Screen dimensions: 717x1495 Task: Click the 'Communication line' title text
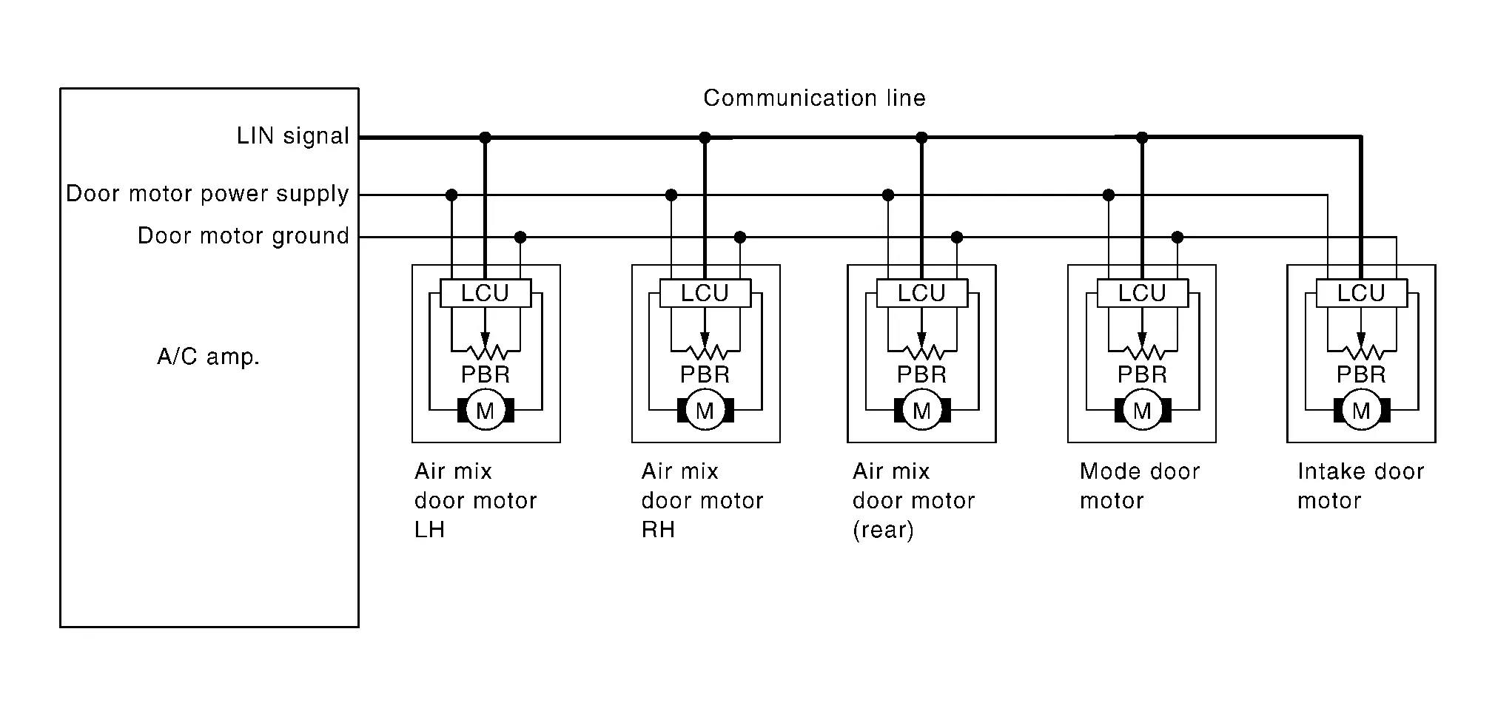point(814,98)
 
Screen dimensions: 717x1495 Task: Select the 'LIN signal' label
point(292,136)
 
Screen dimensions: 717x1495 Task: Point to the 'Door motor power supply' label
point(207,194)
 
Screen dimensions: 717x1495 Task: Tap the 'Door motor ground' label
point(243,236)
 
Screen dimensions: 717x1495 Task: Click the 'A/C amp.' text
point(209,357)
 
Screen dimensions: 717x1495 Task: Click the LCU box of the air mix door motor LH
point(486,293)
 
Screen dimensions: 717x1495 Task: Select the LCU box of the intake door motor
point(1361,293)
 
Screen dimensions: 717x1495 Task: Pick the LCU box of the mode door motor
point(1142,293)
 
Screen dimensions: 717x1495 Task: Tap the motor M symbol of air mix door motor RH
point(705,410)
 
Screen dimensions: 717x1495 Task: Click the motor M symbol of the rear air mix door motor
point(921,410)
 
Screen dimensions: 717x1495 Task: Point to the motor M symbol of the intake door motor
point(1361,410)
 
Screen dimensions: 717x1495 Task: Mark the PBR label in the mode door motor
point(1142,375)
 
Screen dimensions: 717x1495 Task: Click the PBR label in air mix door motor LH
point(486,375)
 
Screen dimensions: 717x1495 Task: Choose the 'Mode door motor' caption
point(1139,486)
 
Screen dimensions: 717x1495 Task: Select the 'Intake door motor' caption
point(1360,486)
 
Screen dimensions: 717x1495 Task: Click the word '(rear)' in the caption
point(883,531)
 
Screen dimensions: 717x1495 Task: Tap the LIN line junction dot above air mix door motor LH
point(485,138)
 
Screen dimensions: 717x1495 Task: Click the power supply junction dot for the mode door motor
point(1108,195)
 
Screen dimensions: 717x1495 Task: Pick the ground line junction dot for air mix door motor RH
point(739,238)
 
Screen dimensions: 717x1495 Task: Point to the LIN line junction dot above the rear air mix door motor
point(921,138)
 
